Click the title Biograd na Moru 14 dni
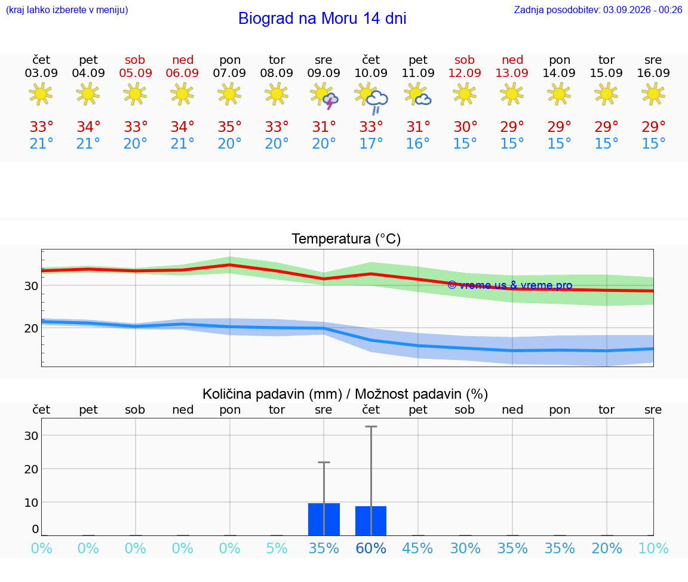[322, 19]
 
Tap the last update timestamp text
[598, 10]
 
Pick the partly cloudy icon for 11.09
[417, 95]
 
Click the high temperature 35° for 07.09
[230, 127]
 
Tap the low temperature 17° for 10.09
[371, 143]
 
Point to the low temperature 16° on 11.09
[417, 143]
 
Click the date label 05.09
[136, 73]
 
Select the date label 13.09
[512, 73]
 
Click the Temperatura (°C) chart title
[346, 239]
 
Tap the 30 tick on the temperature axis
[31, 286]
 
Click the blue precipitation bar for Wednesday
[324, 519]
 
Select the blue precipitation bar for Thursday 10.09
[371, 521]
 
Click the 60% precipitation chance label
[371, 548]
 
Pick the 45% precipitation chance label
[417, 548]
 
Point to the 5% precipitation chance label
[277, 548]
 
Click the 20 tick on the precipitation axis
[31, 469]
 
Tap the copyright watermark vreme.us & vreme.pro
[510, 285]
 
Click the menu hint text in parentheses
[67, 10]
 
